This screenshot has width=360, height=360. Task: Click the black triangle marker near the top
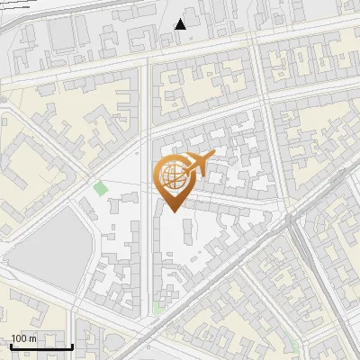[x=181, y=24]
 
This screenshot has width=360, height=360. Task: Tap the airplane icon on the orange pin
[x=196, y=164]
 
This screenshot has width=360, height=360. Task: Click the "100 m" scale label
[x=23, y=338]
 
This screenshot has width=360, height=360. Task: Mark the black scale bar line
[x=40, y=346]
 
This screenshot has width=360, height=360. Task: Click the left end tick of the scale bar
[x=11, y=345]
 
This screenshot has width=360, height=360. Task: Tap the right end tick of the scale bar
[x=72, y=345]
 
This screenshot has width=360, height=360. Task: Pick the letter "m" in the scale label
[x=32, y=338]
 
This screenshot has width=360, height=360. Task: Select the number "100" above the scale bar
[x=19, y=338]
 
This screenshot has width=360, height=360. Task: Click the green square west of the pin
[x=100, y=188]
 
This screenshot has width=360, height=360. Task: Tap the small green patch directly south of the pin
[x=159, y=308]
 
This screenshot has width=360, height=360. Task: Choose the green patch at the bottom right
[x=294, y=345]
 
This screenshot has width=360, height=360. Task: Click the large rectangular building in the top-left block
[x=63, y=34]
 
